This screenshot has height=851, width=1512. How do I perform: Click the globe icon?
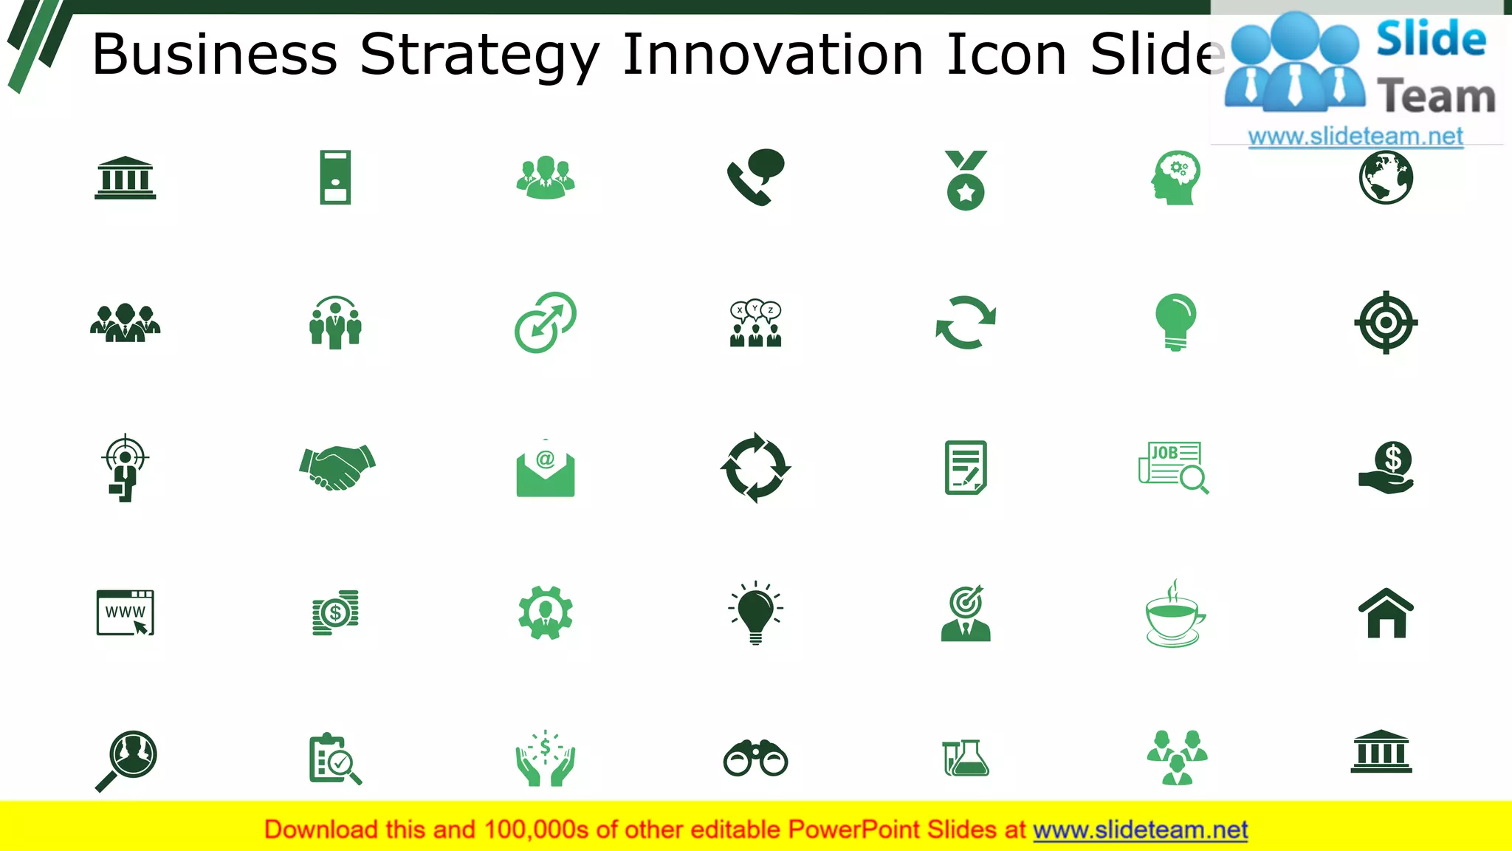point(1386,177)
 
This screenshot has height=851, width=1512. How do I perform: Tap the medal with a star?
point(966,181)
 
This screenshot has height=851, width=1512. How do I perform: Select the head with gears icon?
point(1176,178)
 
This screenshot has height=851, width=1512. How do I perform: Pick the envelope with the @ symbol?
point(546,468)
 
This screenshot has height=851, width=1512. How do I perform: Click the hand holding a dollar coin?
point(1387,468)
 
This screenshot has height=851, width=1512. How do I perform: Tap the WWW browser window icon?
point(126,612)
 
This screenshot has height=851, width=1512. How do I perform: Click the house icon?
point(1386,613)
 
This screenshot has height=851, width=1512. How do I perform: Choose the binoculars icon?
point(755,758)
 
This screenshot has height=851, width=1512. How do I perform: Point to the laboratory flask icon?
point(966,758)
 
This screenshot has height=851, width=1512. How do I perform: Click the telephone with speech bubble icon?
point(755,177)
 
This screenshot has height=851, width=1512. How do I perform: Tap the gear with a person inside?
point(546,612)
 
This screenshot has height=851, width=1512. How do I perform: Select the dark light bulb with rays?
point(755,612)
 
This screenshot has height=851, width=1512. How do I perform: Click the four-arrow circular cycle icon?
point(755,468)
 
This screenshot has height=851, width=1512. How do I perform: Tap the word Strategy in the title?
point(480,55)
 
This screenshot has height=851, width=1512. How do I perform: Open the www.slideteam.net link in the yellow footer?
point(1140,830)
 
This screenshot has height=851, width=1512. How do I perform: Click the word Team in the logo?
point(1436,97)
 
